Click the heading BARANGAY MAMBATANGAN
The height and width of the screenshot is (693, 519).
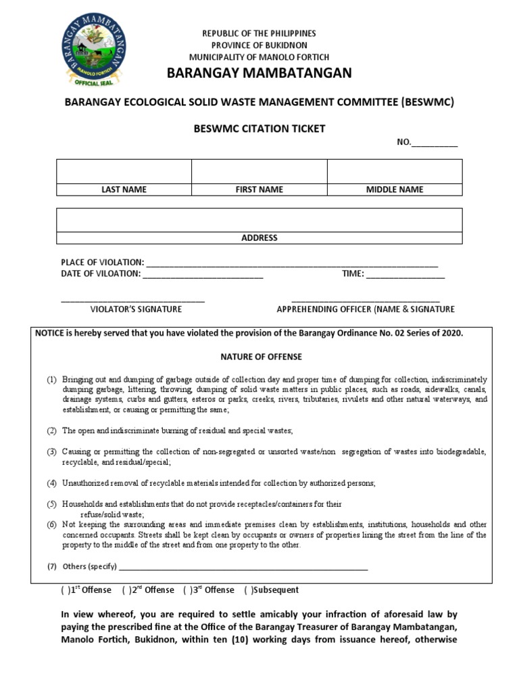click(x=259, y=73)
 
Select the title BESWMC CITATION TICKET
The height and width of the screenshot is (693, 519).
click(x=259, y=129)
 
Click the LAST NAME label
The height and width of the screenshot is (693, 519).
click(x=124, y=189)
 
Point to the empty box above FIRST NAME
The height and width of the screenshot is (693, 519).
click(x=259, y=171)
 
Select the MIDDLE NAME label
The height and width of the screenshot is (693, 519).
click(x=395, y=189)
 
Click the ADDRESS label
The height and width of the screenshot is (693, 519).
click(x=259, y=238)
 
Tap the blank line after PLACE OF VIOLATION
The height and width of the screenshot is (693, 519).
click(x=291, y=264)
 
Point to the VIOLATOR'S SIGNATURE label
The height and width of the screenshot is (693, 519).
click(x=137, y=309)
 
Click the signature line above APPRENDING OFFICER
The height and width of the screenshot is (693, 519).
click(x=366, y=300)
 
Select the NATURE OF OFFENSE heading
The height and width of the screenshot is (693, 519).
click(x=262, y=357)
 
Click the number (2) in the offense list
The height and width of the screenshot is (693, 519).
click(x=51, y=430)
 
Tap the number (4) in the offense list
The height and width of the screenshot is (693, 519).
click(x=51, y=483)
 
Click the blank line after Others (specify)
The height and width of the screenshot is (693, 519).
click(x=243, y=568)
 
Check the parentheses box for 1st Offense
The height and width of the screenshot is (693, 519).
click(x=64, y=590)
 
